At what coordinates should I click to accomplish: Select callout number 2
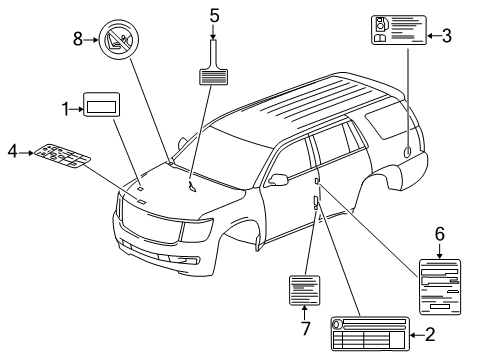(x=430, y=335)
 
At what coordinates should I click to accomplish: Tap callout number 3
(x=447, y=36)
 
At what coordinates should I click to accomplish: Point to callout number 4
(x=12, y=152)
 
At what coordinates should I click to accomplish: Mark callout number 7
(x=303, y=327)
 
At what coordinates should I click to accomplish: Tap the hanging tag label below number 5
(x=214, y=71)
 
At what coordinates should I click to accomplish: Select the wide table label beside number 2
(x=369, y=334)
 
